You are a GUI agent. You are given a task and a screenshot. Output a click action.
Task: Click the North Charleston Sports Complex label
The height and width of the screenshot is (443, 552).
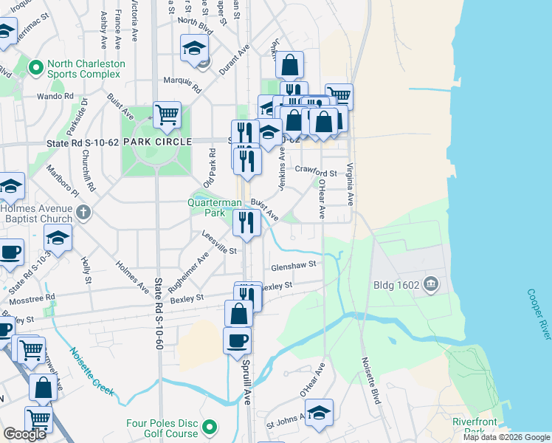[86, 69]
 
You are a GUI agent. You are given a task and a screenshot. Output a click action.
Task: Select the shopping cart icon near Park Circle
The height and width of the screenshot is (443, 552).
[168, 115]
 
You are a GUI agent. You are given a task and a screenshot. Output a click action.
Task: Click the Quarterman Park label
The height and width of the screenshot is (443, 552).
[216, 207]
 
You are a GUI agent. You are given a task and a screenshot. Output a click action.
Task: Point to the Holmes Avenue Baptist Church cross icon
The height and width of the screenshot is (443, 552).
[83, 213]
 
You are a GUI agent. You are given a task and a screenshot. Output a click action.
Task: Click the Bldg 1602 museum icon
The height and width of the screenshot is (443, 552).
[432, 284]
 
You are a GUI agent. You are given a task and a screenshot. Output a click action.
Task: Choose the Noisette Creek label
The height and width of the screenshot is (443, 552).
[92, 371]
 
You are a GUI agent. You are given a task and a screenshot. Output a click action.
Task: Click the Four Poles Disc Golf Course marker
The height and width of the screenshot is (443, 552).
[210, 427]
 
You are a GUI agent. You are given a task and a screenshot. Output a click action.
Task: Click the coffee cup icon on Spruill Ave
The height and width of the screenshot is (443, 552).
[237, 341]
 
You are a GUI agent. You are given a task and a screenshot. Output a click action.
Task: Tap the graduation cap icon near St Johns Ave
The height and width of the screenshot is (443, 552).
[319, 412]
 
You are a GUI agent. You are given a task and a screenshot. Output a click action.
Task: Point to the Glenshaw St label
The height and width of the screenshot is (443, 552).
[294, 264]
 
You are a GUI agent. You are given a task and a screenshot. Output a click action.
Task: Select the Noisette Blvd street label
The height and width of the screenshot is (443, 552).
[370, 381]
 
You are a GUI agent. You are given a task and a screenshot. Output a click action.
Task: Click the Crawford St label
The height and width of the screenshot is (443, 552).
[316, 171]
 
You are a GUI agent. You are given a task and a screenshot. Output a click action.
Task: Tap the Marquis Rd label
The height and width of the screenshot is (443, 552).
[187, 87]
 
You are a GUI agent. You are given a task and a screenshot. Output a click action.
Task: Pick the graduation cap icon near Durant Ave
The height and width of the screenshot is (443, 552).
[195, 49]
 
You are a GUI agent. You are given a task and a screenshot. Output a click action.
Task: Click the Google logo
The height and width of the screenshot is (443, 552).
[24, 434]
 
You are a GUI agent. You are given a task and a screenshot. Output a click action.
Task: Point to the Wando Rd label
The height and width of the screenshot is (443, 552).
[60, 96]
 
